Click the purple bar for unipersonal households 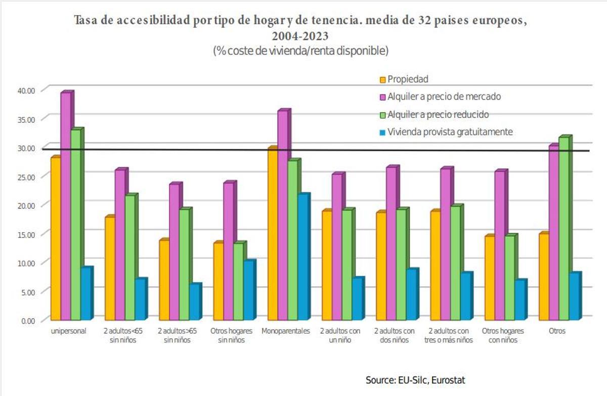[66, 207]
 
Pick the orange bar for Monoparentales [272, 235]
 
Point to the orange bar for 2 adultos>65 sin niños [164, 281]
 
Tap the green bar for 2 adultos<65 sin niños [130, 258]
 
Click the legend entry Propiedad [408, 79]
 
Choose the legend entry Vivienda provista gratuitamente [450, 132]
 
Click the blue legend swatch [382, 133]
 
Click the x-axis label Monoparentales [285, 331]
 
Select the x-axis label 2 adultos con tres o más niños [448, 335]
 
